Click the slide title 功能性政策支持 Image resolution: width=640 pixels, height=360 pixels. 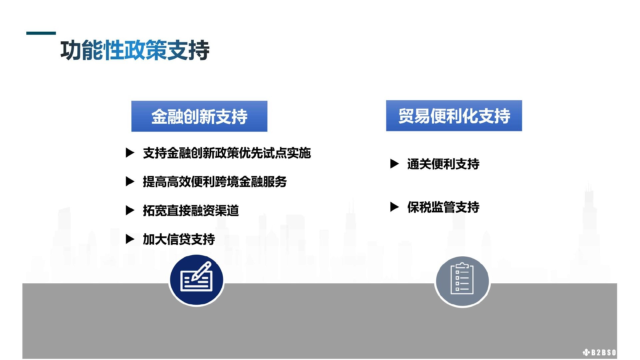click(x=135, y=50)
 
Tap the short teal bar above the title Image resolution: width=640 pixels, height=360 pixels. click(x=41, y=33)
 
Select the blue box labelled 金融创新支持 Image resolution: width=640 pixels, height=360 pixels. click(x=199, y=116)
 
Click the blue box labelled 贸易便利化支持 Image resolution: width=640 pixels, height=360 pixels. click(x=454, y=116)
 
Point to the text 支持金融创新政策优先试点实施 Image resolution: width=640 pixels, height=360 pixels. click(x=227, y=153)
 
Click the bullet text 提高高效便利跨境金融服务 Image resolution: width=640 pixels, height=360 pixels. click(x=215, y=182)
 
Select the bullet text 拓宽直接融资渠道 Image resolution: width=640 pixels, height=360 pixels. click(x=191, y=210)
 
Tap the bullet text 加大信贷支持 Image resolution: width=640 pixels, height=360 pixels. click(x=179, y=239)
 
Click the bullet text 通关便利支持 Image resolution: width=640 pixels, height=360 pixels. click(x=443, y=164)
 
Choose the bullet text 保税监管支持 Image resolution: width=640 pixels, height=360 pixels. click(x=443, y=207)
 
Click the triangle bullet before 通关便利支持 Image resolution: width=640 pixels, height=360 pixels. click(x=394, y=164)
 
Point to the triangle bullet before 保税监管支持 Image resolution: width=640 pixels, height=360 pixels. click(x=394, y=207)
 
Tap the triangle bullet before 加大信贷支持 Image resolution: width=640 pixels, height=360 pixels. click(x=130, y=239)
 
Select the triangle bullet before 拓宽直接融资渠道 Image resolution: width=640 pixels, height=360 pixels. click(x=130, y=210)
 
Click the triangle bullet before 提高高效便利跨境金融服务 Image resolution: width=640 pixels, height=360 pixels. click(x=130, y=182)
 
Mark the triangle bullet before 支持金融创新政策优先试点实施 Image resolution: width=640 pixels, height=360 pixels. click(x=130, y=153)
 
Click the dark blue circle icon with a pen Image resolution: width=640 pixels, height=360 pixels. click(x=196, y=280)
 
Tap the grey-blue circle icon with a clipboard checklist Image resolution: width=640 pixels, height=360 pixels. click(x=462, y=281)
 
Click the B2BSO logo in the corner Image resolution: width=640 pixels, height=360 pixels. click(x=599, y=352)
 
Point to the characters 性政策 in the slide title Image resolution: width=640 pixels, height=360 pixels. click(x=135, y=50)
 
